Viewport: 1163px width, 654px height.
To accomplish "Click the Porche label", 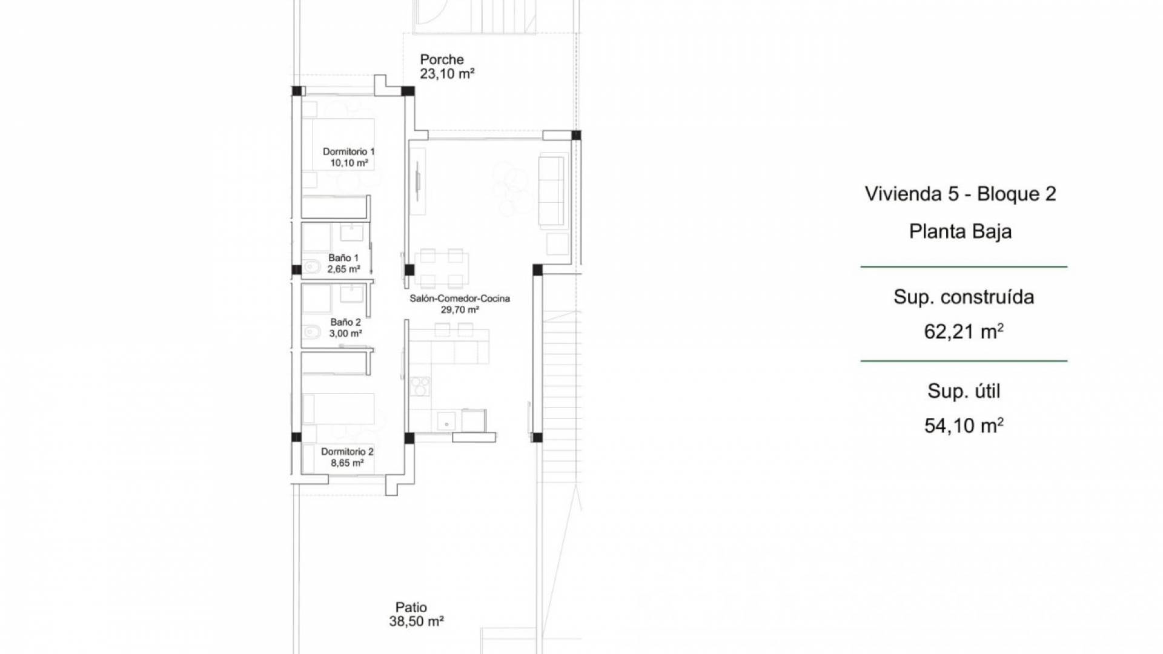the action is pos(442,59).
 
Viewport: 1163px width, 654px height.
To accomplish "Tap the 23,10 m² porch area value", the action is pos(447,74).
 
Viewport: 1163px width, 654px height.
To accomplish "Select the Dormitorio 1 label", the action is pos(348,151).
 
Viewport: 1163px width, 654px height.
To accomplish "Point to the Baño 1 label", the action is pos(343,258).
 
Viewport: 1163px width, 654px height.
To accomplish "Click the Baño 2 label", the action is pos(345,322).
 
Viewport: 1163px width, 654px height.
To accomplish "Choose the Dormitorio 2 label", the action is pos(347,452).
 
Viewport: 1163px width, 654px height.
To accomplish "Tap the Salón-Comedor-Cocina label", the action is pos(460,299).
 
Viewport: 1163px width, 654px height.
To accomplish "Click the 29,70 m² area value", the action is pos(460,310).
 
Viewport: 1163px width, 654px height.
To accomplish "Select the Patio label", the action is pos(411,607).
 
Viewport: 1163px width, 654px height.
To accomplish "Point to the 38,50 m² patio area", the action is pos(417,621).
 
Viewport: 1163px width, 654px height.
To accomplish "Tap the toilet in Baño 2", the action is pos(311,331).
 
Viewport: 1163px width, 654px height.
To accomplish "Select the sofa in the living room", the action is pos(551,188).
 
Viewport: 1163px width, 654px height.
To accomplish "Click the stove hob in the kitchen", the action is pos(420,386).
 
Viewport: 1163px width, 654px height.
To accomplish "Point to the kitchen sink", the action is pos(446,420).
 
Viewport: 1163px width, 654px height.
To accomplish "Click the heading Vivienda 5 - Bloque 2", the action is pos(961,194).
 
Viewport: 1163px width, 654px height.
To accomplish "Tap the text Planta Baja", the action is pos(961,231).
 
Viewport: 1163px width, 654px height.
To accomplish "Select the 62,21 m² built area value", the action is pos(964,331).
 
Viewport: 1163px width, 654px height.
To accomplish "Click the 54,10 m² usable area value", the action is pos(964,426).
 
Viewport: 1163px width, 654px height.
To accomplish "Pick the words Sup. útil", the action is pos(964,391).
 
